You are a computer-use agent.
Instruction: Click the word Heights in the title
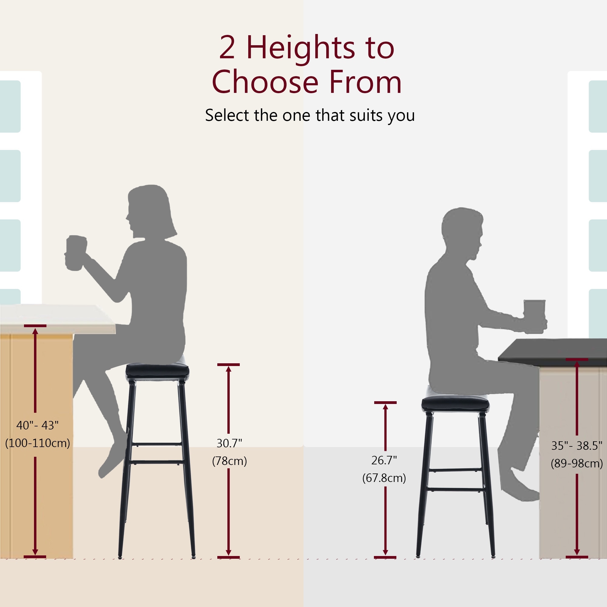(x=301, y=48)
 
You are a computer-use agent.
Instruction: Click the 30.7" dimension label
(x=229, y=443)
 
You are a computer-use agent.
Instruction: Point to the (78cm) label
(x=229, y=461)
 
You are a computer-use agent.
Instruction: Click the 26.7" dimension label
(x=384, y=460)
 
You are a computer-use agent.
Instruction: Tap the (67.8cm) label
(x=384, y=478)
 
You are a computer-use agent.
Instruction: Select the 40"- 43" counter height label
(x=37, y=426)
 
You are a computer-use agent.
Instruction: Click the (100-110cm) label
(x=37, y=443)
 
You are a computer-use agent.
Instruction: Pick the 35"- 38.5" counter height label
(x=577, y=446)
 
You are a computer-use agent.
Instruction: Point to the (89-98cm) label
(x=577, y=463)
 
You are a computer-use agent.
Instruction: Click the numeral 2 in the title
(x=227, y=48)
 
